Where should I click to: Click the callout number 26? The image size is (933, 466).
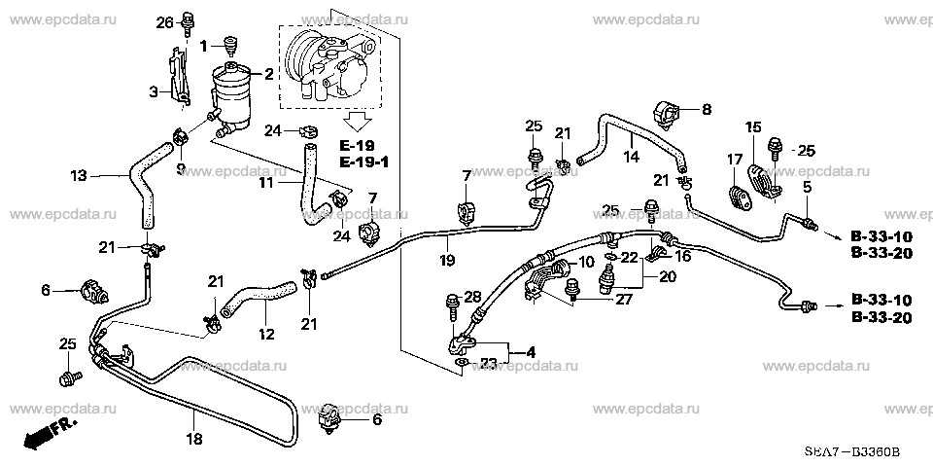[163, 21]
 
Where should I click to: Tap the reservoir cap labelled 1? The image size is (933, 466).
[231, 45]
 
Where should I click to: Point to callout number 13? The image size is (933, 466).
[79, 176]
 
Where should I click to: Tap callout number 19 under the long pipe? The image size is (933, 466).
[447, 260]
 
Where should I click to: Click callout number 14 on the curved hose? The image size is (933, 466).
[631, 156]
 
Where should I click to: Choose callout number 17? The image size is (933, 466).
[735, 158]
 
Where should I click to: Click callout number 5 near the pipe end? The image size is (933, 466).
[806, 186]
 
